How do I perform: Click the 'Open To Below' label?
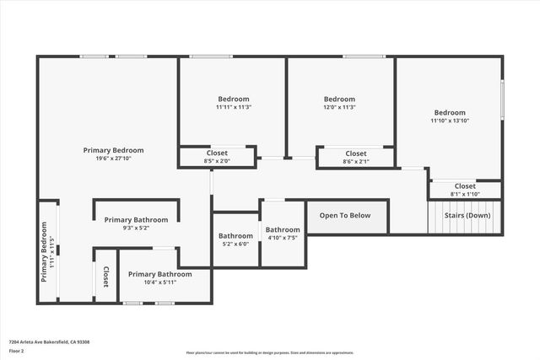[344, 216]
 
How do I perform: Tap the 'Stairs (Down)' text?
[467, 215]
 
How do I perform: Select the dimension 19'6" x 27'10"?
[108, 159]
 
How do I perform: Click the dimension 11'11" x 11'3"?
[234, 107]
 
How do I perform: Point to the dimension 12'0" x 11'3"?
[339, 107]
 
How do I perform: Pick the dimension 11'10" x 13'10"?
[450, 121]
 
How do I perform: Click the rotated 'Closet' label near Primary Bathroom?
[106, 277]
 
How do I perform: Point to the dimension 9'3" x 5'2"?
[136, 228]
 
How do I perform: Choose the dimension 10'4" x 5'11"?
[159, 283]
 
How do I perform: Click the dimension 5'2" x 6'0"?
[235, 245]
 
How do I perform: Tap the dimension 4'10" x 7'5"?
[283, 239]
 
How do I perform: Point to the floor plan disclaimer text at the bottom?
[270, 352]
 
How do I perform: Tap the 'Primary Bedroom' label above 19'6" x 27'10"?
[108, 150]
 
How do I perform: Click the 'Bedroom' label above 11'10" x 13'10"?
[450, 113]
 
